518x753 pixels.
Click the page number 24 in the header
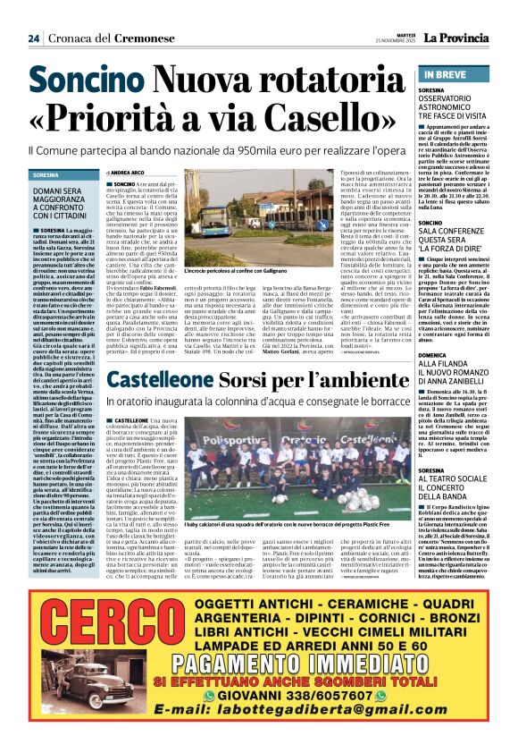pyautogui.click(x=33, y=38)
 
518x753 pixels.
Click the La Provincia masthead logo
pyautogui.click(x=455, y=38)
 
